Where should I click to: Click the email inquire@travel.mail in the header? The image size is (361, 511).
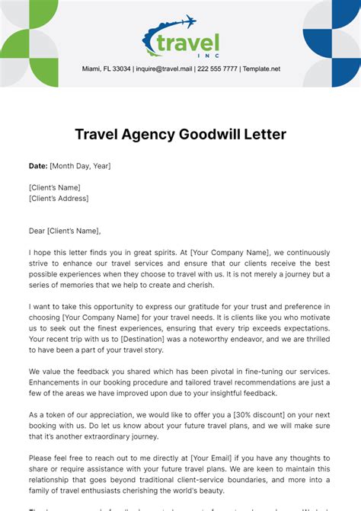tap(164, 69)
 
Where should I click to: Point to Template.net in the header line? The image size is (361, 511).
tap(262, 69)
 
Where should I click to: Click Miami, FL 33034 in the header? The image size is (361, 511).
tap(106, 69)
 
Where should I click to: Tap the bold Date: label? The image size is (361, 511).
tap(37, 165)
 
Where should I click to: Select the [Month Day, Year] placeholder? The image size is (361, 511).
tap(80, 165)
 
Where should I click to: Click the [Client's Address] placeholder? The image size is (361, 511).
tap(59, 199)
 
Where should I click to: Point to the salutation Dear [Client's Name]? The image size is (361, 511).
tap(65, 231)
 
